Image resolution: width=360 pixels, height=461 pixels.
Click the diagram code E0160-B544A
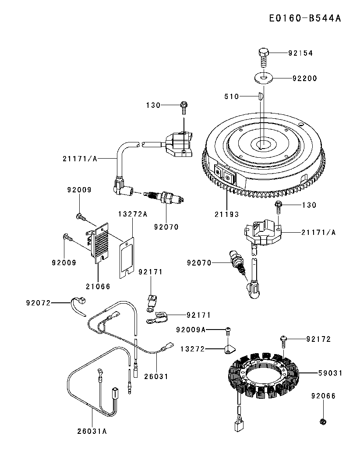coord(305,18)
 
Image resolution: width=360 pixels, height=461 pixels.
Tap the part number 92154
coord(300,53)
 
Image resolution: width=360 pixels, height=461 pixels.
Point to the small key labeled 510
coord(260,96)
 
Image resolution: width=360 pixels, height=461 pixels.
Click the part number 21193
coord(226,214)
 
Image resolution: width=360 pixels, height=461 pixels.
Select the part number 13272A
coord(133,214)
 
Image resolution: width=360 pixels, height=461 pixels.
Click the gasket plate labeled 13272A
coord(127,258)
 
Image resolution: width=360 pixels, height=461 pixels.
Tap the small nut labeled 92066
coord(323,422)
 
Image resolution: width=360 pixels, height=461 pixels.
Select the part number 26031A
coord(92,431)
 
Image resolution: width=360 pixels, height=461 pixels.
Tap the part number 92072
coord(38,302)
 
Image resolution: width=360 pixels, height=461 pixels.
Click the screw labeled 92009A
coord(228,331)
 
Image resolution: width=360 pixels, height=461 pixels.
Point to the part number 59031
coord(330,373)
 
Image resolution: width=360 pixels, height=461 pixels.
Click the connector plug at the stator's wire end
coord(237,425)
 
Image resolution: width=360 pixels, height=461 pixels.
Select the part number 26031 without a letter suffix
coord(156,376)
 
